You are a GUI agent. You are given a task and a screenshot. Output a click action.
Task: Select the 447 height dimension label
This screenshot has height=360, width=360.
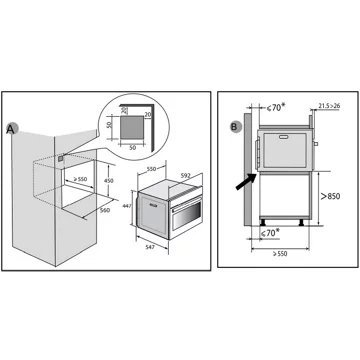coord(127,206)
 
